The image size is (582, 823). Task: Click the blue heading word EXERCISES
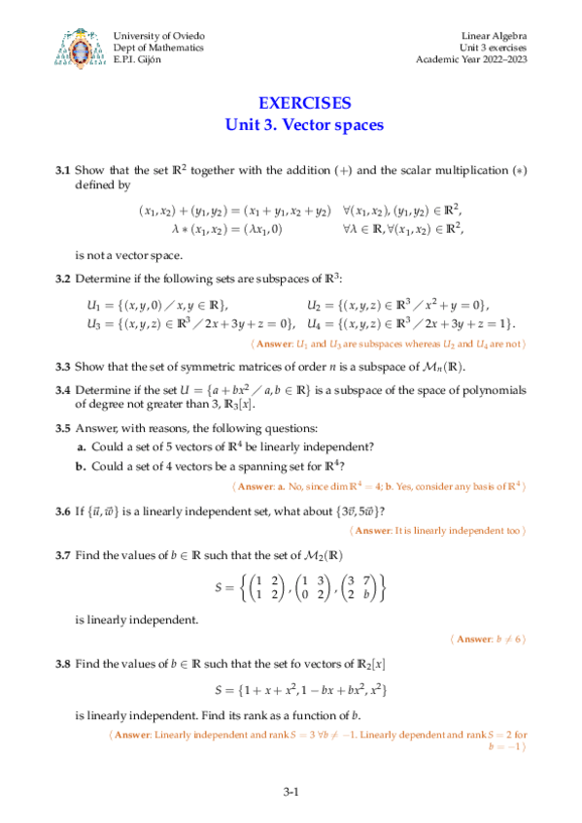(305, 104)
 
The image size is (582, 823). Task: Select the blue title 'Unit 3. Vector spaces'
(305, 125)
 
